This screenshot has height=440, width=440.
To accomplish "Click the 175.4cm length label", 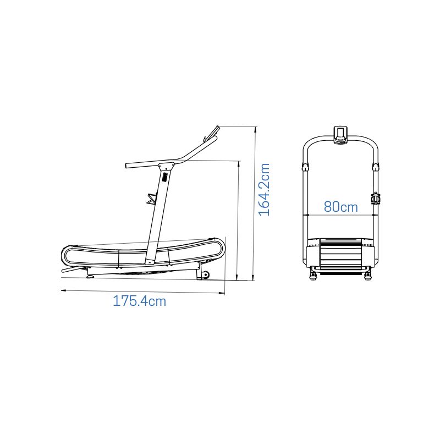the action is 140,301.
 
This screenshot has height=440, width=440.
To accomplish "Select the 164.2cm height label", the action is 264,190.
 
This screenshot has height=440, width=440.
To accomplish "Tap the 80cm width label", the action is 341,207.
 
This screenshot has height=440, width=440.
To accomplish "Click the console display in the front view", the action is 340,135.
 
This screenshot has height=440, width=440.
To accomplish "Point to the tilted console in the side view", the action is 212,133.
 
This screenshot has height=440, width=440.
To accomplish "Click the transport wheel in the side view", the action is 206,275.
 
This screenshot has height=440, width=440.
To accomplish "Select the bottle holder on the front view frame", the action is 375,199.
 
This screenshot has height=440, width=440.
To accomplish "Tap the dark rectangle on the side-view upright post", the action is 164,177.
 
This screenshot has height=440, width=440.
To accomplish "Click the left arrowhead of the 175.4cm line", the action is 63,290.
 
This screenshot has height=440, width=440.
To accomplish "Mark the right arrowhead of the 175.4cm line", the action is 223,294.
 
